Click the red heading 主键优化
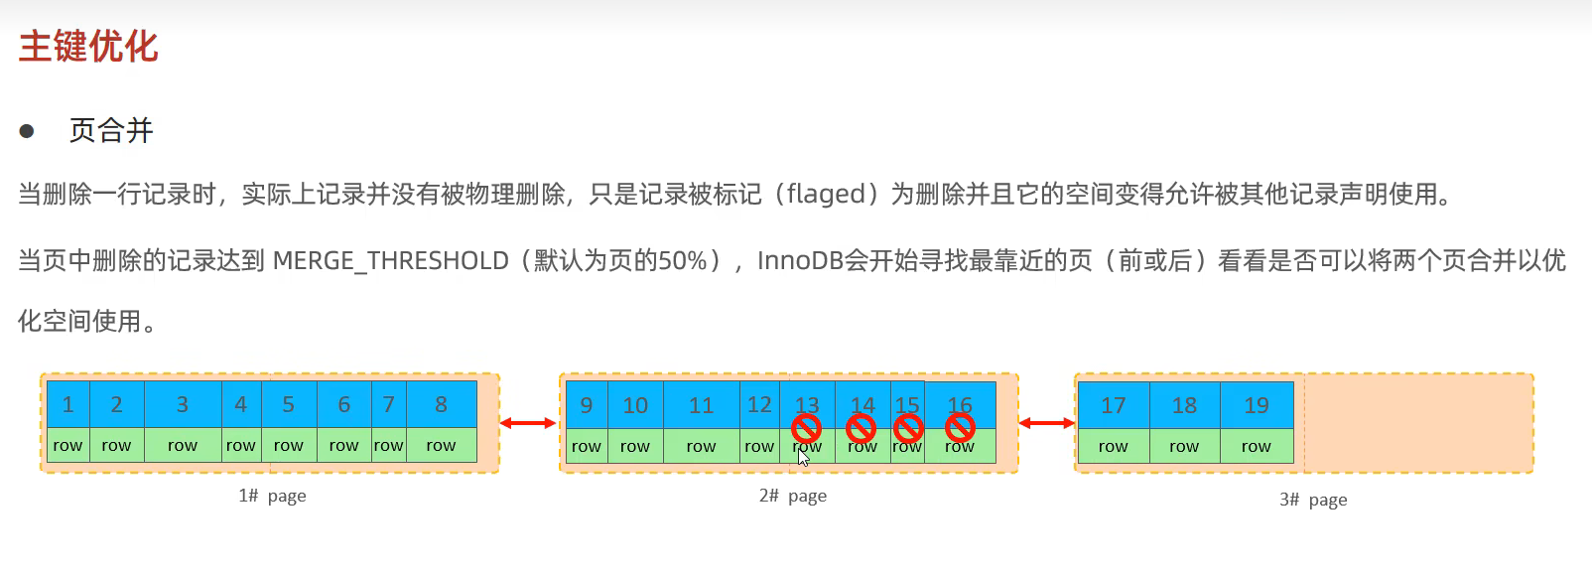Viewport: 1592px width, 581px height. (x=88, y=47)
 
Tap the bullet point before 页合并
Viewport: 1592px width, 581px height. (x=27, y=131)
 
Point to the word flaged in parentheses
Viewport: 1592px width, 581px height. (x=825, y=194)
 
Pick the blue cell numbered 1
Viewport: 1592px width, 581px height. (x=67, y=404)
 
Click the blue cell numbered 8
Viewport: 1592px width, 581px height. (x=441, y=404)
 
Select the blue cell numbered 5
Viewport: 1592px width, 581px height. (x=288, y=404)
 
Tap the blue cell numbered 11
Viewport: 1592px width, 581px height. (x=701, y=405)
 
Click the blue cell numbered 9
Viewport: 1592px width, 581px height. (x=587, y=405)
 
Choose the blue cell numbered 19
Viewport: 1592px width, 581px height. (x=1257, y=405)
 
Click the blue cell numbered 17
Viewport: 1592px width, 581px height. (x=1114, y=405)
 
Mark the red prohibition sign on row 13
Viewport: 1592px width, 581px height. (x=806, y=428)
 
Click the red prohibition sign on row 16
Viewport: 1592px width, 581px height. (x=960, y=427)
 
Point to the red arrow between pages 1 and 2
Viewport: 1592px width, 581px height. (x=528, y=423)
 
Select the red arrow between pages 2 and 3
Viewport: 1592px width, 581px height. (x=1047, y=423)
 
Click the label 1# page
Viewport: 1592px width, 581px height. (x=272, y=496)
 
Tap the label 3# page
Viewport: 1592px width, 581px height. (x=1313, y=500)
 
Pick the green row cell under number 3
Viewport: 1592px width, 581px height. (x=183, y=446)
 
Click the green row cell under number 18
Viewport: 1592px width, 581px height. (x=1184, y=447)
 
